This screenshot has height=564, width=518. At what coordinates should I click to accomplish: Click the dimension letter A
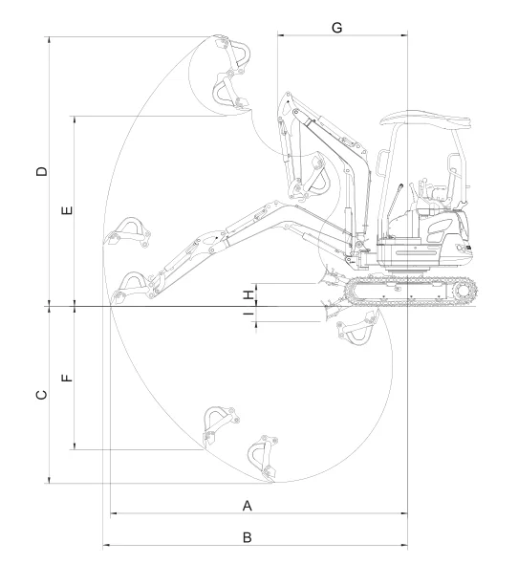coord(248,506)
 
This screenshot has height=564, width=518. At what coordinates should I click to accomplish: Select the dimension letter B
coord(248,537)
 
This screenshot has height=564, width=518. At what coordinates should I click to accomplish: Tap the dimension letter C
coord(42,395)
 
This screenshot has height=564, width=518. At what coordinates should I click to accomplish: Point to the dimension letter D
coord(42,171)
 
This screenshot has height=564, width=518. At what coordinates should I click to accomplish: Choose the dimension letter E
coord(67,210)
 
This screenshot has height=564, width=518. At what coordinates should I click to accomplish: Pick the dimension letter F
coord(67,378)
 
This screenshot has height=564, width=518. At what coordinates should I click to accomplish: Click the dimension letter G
coord(337,28)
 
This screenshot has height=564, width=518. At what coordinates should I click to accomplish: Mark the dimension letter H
coord(248,295)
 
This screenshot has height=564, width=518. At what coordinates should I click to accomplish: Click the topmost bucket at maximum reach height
coord(233,52)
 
